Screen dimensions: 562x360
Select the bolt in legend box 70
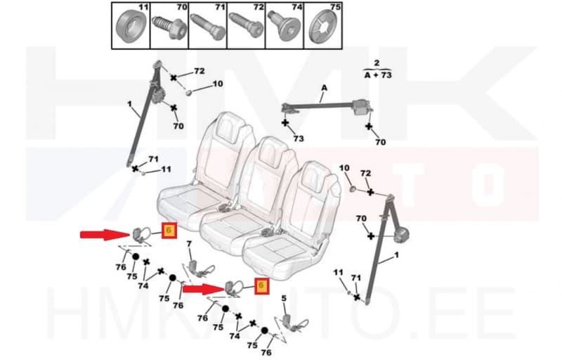click(168, 27)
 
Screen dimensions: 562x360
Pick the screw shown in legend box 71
click(207, 27)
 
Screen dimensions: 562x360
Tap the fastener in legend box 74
click(285, 27)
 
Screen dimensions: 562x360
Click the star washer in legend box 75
click(323, 27)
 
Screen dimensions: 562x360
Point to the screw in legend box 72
click(246, 27)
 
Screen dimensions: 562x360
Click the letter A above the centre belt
click(324, 88)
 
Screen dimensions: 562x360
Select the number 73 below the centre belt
click(298, 139)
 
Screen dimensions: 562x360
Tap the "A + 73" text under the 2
click(378, 75)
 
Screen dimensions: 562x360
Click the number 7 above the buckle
click(189, 244)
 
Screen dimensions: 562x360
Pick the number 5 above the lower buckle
click(284, 298)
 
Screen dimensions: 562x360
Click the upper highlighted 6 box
click(169, 230)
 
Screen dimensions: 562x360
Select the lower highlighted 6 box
click(261, 285)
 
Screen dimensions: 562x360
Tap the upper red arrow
click(105, 235)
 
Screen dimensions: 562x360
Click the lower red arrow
click(203, 289)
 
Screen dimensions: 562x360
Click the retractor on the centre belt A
click(362, 107)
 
